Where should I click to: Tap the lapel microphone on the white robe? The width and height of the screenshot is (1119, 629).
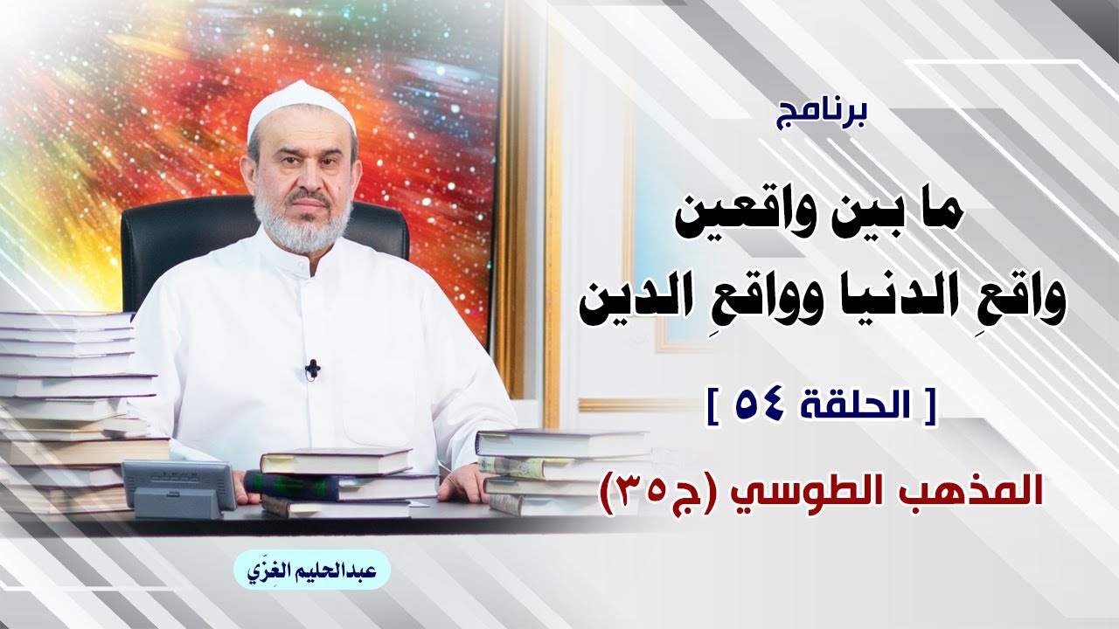point(313,369)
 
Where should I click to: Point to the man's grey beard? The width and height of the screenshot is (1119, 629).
point(302,225)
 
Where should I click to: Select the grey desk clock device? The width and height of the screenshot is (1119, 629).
point(180,488)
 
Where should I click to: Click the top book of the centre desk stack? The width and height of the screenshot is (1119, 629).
point(336,460)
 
